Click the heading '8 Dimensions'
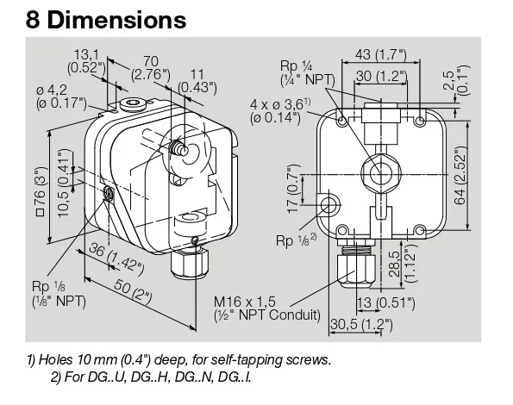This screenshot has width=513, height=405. [x=106, y=20]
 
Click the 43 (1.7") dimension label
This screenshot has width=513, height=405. [x=380, y=54]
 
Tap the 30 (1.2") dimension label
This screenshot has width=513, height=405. [x=381, y=76]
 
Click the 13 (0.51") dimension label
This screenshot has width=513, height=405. [x=385, y=302]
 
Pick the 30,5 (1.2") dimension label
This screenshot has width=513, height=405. [x=361, y=325]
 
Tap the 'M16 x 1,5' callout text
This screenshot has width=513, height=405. [x=245, y=302]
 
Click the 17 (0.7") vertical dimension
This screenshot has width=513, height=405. [x=293, y=189]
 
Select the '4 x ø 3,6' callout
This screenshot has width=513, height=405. [x=280, y=104]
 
